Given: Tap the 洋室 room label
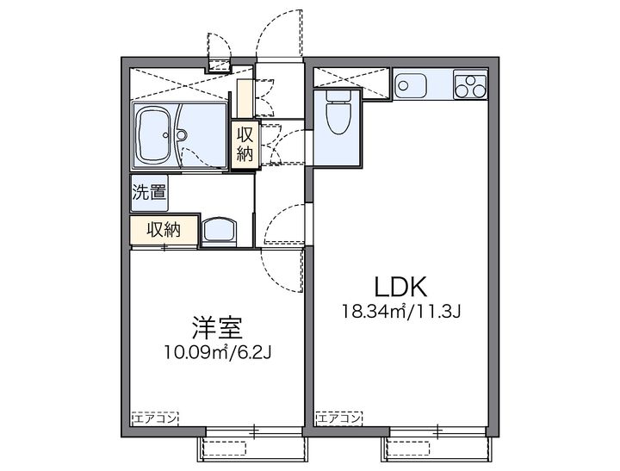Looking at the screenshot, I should (216, 327).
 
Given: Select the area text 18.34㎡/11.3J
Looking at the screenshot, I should (401, 312).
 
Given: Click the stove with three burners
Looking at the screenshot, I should (472, 86).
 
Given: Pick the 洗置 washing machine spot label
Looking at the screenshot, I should (148, 192).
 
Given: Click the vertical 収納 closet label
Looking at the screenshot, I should (245, 143).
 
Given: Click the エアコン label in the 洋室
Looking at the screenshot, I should (154, 418).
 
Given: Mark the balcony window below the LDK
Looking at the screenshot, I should (438, 446).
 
